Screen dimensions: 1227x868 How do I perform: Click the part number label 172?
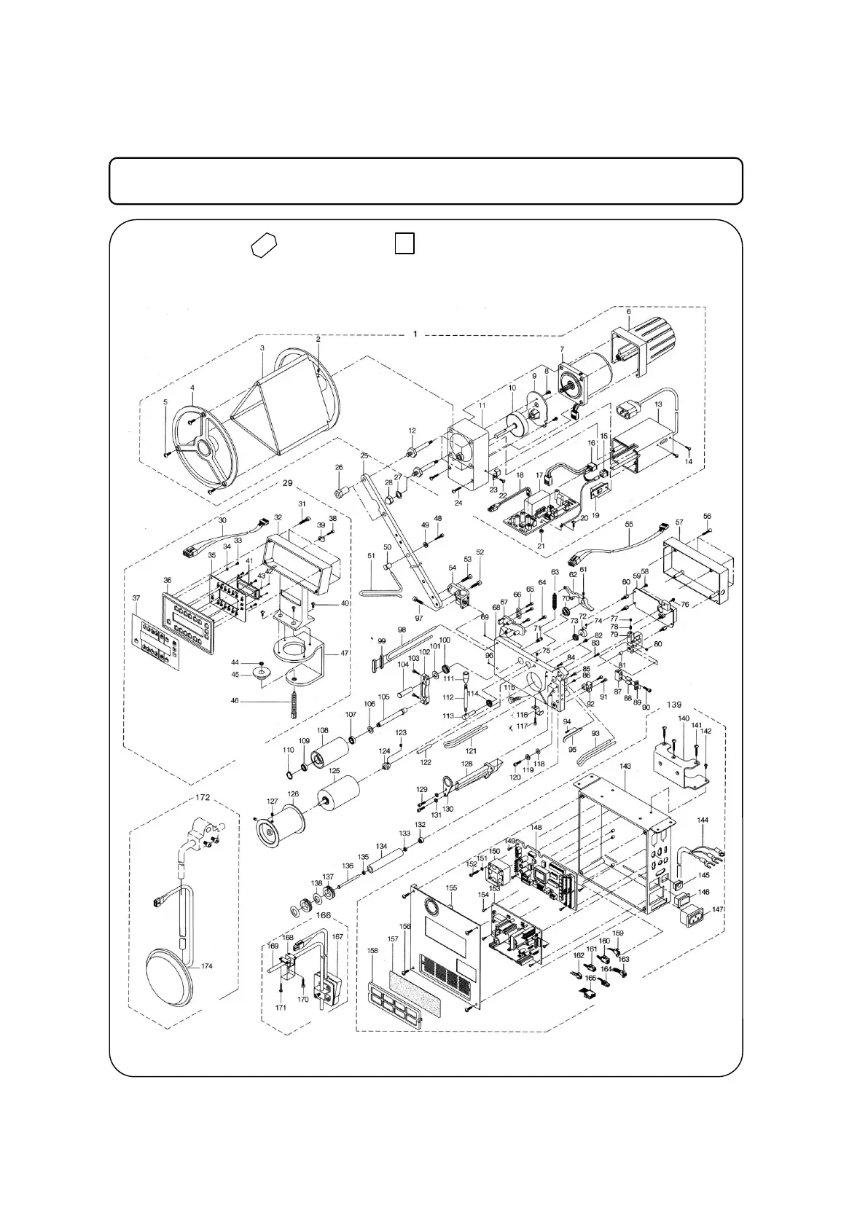(202, 797)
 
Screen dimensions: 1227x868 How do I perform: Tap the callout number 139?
(673, 705)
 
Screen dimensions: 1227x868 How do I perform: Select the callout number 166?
(323, 916)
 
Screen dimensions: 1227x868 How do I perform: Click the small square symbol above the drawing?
(404, 243)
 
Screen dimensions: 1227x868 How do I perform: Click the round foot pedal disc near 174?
(172, 976)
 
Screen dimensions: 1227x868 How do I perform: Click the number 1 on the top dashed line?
(415, 334)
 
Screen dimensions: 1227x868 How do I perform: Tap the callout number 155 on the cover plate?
(452, 888)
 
